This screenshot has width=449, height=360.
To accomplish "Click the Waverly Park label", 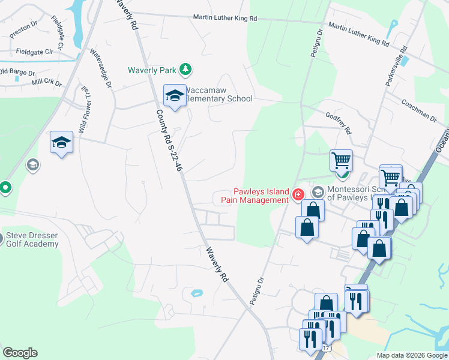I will point(152,70).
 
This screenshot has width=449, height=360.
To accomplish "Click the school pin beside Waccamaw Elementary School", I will point(175,96).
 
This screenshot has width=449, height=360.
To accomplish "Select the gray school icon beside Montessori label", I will point(318,193).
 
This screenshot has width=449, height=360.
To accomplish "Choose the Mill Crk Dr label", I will point(47,82).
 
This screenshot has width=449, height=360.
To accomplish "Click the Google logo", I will point(20,353).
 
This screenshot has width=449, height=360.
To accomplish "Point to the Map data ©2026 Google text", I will point(411,355).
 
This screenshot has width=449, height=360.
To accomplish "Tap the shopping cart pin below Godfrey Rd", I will point(340,161).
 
